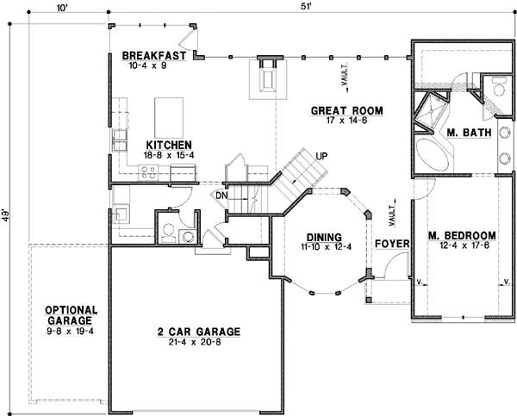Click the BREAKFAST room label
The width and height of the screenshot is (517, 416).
coord(154,55)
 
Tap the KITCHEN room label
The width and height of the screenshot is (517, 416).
coord(168,144)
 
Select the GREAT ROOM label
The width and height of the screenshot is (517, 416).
coord(346,111)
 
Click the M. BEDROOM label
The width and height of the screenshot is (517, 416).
coord(462,235)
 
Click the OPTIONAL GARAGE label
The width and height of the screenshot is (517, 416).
coord(71,315)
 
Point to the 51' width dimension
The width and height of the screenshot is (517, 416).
coord(307,9)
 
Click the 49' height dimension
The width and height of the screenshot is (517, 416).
coord(6,214)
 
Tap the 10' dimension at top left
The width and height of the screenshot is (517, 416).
coord(61,9)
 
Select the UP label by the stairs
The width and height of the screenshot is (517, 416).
coord(322,157)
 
